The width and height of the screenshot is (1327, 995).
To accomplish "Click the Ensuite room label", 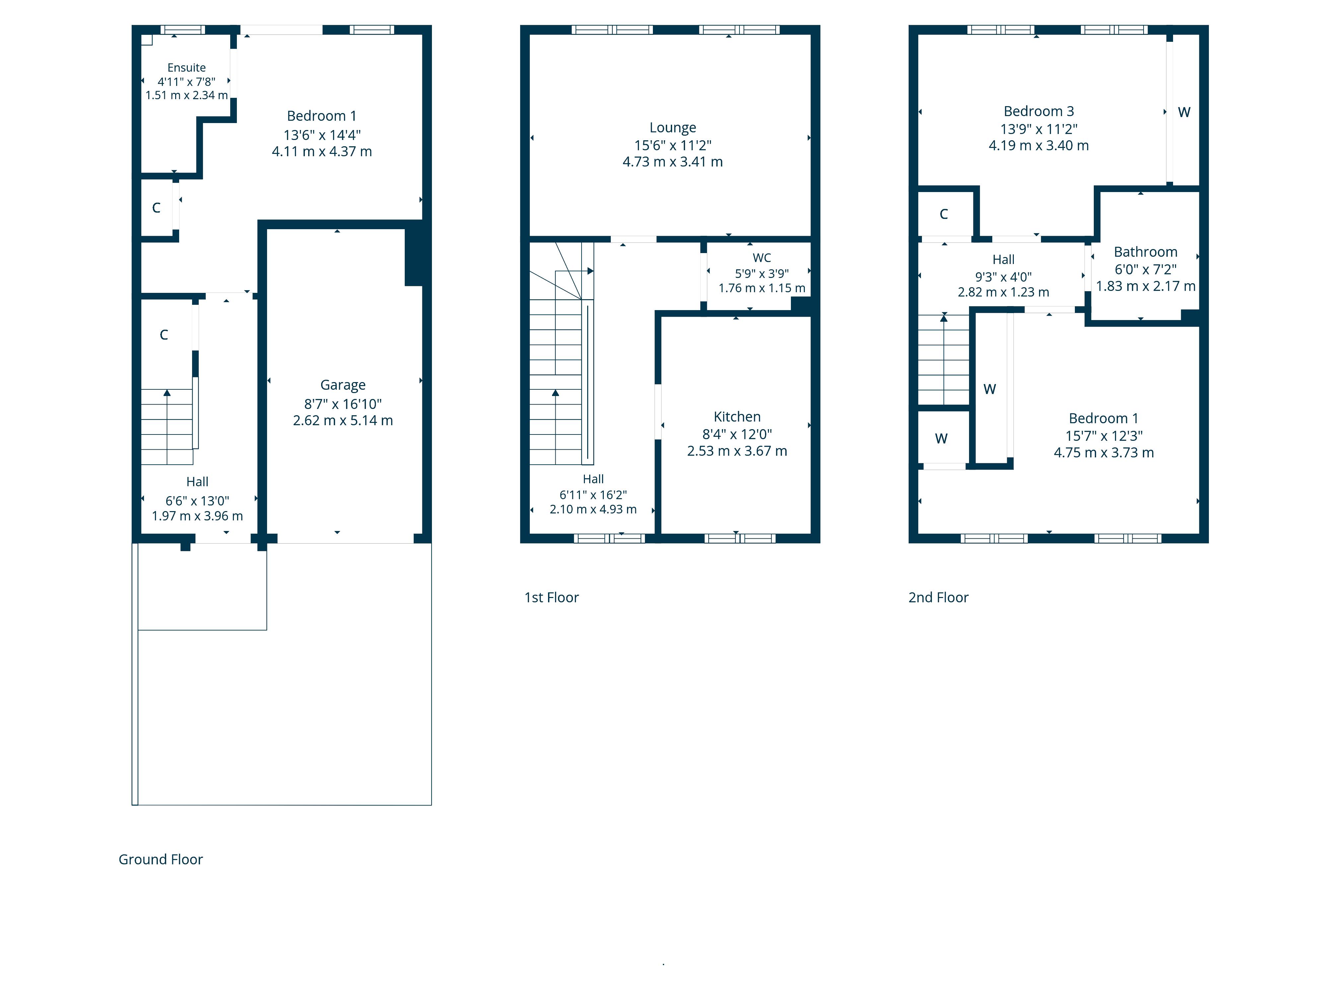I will point(186,68).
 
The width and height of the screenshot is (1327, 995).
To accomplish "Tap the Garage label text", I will point(343,385).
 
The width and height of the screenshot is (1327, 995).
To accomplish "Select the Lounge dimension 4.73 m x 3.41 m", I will point(672,162).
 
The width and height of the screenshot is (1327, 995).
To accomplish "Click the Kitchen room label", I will point(737,417).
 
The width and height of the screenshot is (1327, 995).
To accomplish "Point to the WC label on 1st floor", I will point(761,258).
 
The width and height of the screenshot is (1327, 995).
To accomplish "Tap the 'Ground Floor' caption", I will point(161,859).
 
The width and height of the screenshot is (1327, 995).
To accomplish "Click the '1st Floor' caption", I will point(551,597).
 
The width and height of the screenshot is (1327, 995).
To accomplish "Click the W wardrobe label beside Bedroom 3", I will point(1184,112).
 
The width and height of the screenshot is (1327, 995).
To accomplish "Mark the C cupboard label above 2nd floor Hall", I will point(943,214).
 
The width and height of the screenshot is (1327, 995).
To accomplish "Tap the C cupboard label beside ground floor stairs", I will point(164,335).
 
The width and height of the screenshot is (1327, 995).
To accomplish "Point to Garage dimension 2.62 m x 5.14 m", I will point(343,421).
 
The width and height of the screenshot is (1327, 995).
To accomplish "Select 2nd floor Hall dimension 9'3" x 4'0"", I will point(1003,277).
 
